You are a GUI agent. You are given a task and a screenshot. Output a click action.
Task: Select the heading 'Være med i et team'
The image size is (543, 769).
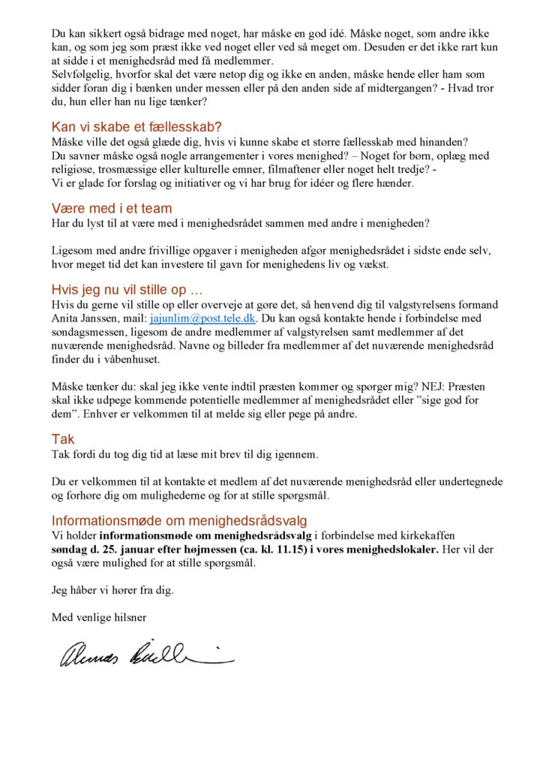point(112,208)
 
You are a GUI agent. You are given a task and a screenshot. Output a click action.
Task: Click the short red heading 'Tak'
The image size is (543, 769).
point(63,439)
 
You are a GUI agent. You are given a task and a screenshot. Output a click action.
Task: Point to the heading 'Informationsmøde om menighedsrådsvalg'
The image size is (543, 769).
point(179,520)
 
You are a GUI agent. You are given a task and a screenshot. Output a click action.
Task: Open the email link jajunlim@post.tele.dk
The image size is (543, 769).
point(203,318)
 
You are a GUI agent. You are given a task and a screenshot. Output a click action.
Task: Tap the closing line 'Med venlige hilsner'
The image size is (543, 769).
point(99,617)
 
